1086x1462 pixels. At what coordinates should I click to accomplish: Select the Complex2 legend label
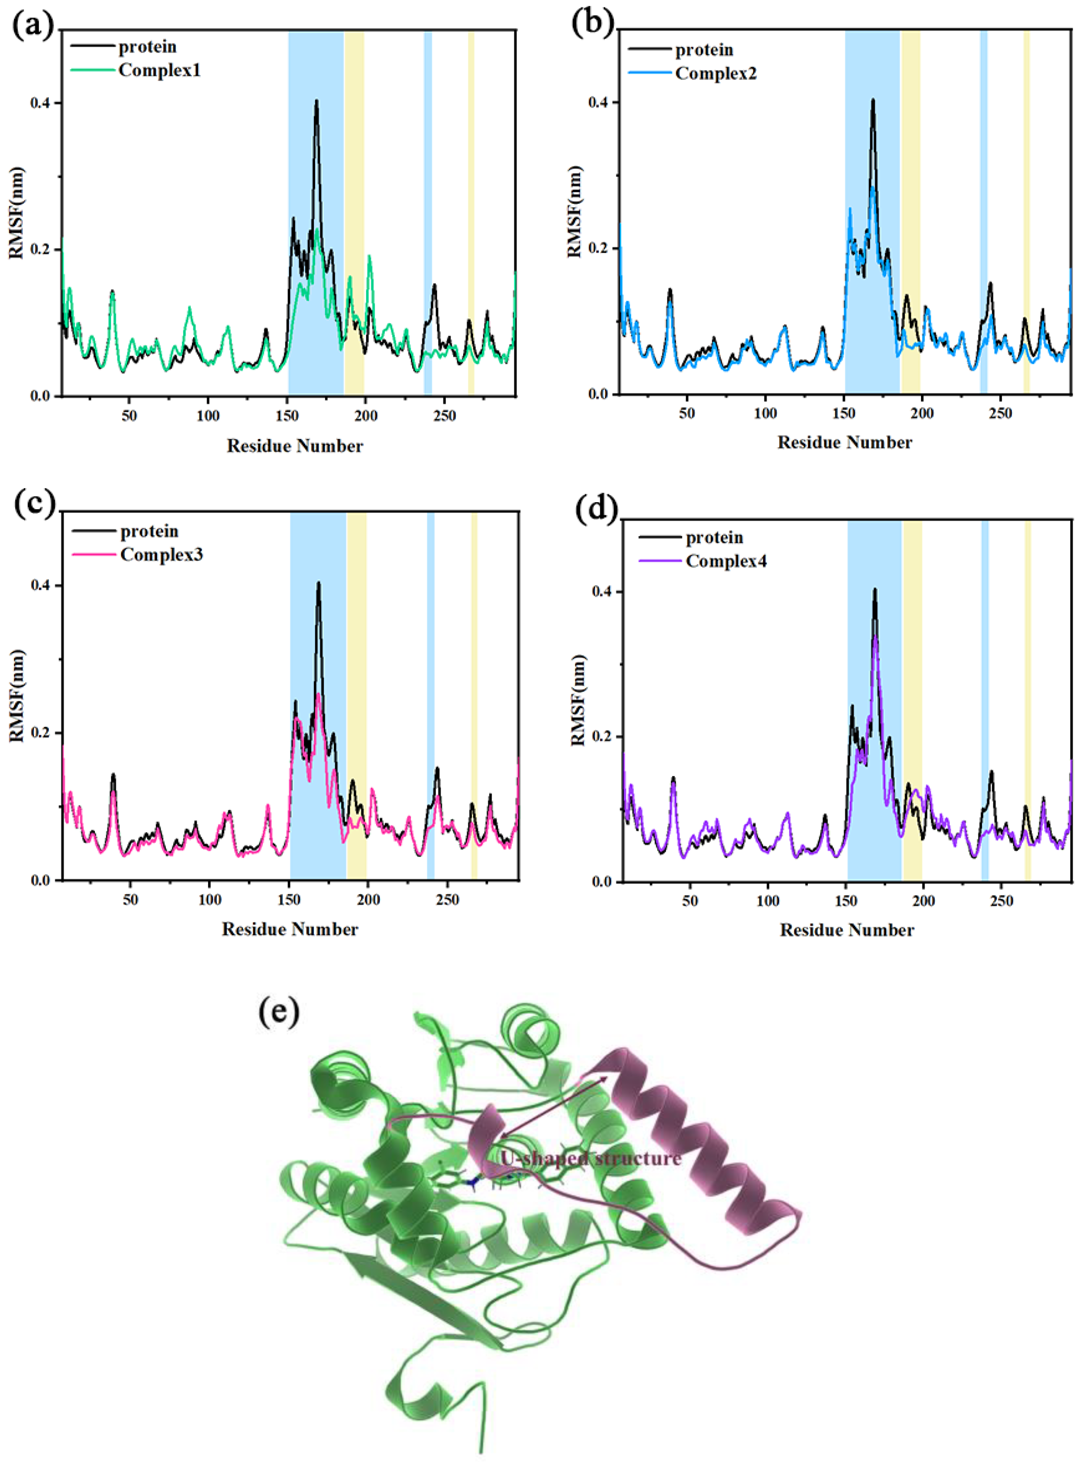coord(716,73)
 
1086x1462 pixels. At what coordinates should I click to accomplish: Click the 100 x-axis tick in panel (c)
coord(210,899)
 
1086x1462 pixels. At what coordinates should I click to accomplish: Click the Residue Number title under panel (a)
coord(295,446)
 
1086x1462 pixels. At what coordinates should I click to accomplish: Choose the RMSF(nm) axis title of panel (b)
coord(576,212)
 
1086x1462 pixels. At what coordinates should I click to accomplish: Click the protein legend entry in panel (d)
coord(714,537)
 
